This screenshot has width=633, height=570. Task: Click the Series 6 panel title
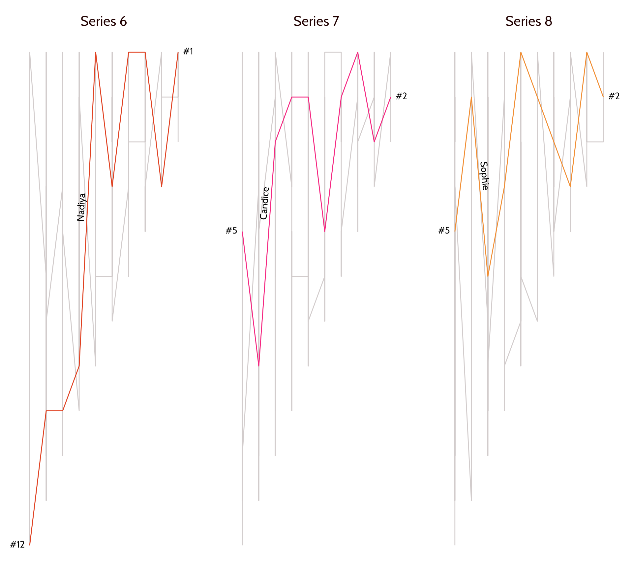click(x=104, y=21)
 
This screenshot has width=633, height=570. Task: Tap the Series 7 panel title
click(x=316, y=21)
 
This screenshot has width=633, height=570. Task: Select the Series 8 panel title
click(x=528, y=21)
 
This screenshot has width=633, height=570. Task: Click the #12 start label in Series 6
click(x=17, y=545)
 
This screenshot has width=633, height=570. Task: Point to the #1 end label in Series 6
click(x=188, y=51)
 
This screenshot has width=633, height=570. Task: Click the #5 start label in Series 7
click(x=231, y=231)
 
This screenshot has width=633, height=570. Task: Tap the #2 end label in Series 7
click(x=401, y=96)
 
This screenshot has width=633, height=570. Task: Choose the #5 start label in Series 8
click(x=444, y=231)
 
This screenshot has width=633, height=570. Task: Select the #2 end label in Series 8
click(x=614, y=96)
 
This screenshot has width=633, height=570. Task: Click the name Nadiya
click(x=81, y=207)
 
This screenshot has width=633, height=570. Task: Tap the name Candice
click(x=264, y=203)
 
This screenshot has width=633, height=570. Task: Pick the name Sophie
click(x=484, y=175)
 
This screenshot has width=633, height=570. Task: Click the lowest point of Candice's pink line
click(x=259, y=366)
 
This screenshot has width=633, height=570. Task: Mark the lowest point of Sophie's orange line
click(x=488, y=276)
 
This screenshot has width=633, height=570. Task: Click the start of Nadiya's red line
click(x=30, y=545)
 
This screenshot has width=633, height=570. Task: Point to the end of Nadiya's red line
click(x=178, y=52)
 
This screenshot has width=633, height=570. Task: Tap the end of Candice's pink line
click(x=391, y=97)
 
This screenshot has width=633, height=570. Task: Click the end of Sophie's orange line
click(x=603, y=97)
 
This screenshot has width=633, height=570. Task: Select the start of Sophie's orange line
click(x=455, y=231)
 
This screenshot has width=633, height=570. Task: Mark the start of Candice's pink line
click(x=242, y=231)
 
